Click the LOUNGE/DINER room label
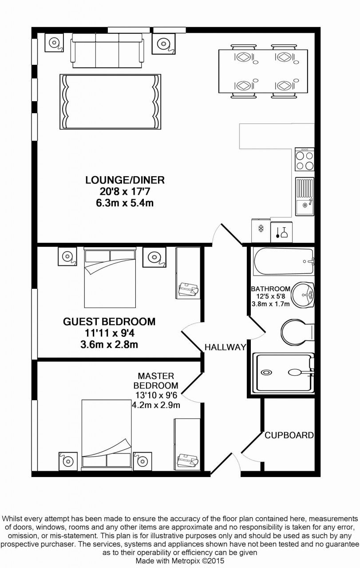(125, 180)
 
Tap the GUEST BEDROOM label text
(109, 322)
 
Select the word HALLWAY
(225, 347)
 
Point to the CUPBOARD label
(289, 435)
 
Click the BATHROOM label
(270, 289)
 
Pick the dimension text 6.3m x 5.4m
(125, 203)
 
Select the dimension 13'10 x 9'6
(156, 395)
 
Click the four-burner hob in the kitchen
(305, 159)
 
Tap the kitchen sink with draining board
(305, 197)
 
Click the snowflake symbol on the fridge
(260, 229)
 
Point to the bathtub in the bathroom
(284, 262)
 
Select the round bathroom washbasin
(303, 295)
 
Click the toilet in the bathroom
(297, 332)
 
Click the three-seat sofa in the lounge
(107, 51)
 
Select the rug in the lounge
(111, 102)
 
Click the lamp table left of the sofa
(54, 42)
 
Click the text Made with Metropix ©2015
(180, 560)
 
